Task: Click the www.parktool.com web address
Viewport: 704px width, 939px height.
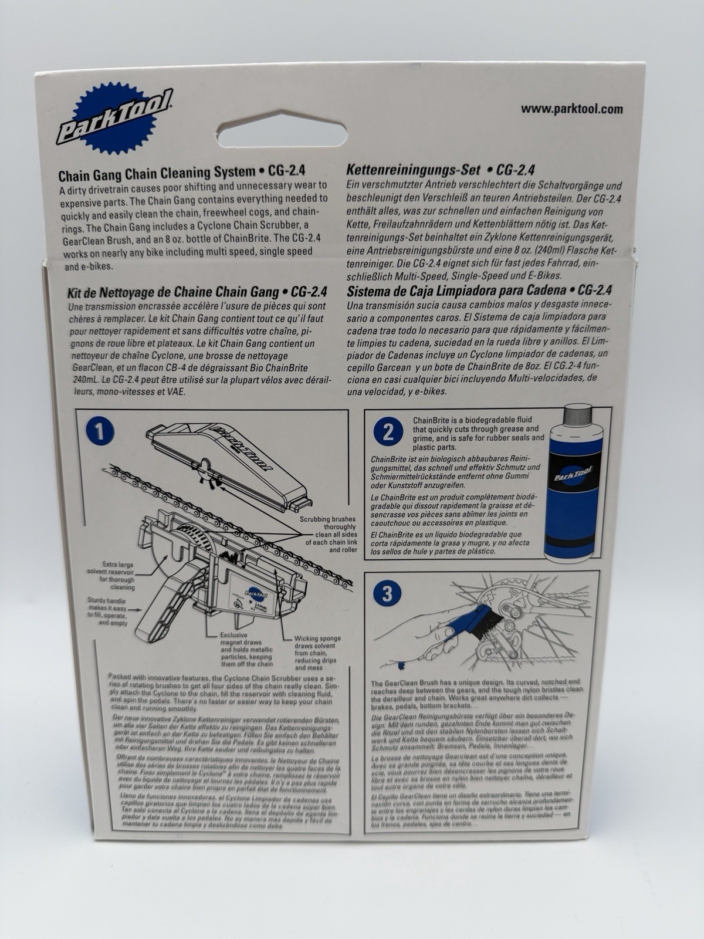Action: [571, 109]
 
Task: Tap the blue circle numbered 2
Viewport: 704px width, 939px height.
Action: [387, 433]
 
